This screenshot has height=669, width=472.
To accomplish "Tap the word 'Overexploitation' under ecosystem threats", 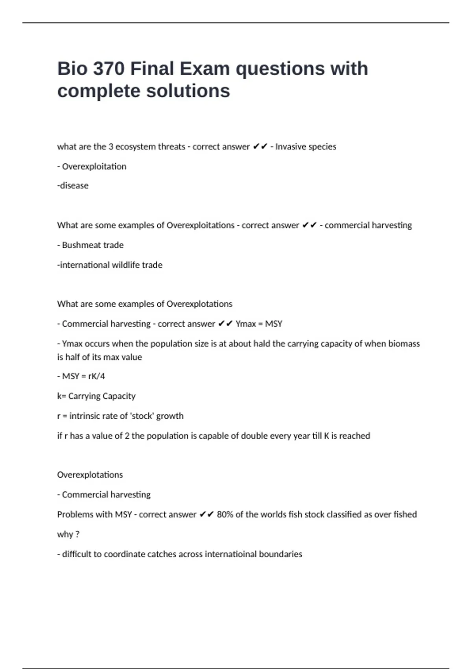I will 94,166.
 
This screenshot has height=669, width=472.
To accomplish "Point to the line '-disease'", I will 73,185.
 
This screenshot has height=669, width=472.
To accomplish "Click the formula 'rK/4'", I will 96,376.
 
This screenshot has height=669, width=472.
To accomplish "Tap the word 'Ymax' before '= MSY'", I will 246,324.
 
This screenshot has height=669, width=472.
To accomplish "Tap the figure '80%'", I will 225,514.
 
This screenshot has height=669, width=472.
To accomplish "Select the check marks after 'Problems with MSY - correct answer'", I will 206,514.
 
